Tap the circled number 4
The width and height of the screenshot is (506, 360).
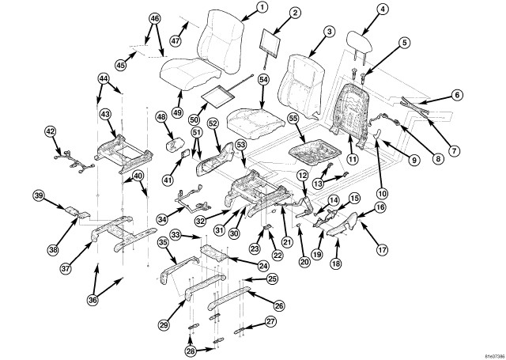[383, 10]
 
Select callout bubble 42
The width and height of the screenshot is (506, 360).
[51, 131]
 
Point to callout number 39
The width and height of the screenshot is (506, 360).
[38, 195]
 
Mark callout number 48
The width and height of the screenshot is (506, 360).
[161, 117]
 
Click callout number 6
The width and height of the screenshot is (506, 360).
[458, 94]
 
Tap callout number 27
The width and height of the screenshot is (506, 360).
[271, 321]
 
